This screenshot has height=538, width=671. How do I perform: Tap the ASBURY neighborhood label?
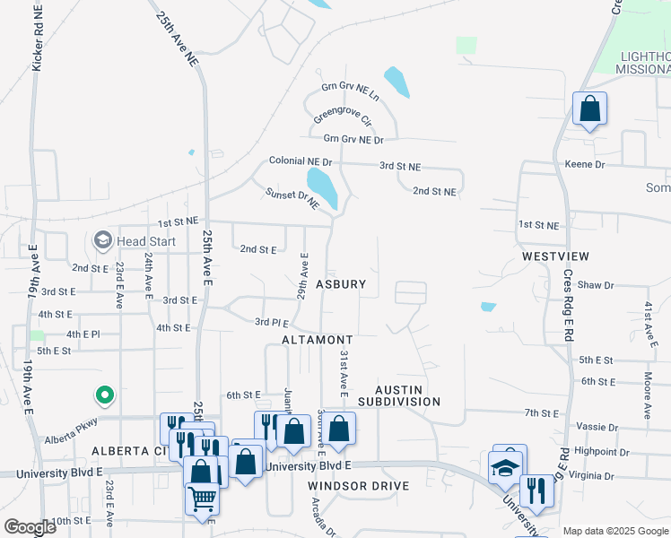click(x=341, y=284)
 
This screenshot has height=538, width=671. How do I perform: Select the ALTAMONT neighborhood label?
click(x=317, y=341)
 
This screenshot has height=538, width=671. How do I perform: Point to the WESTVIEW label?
click(x=556, y=256)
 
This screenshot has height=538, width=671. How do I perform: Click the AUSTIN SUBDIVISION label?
click(x=395, y=395)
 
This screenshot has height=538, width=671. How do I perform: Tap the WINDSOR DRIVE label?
click(x=359, y=486)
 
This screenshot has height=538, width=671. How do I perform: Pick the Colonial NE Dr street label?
click(x=301, y=161)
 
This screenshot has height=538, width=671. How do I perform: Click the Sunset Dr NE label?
click(x=292, y=199)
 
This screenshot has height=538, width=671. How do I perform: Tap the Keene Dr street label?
click(x=585, y=165)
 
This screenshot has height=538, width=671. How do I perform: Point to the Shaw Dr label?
click(x=596, y=285)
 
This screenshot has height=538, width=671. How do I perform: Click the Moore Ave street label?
click(x=647, y=396)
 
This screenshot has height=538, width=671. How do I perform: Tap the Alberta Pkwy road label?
click(x=69, y=440)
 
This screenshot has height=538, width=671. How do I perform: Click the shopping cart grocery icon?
click(x=202, y=498)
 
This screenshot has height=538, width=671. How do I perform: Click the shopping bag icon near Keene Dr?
click(x=589, y=108)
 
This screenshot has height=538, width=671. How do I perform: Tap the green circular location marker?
click(x=104, y=394)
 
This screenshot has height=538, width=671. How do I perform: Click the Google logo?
click(x=30, y=526)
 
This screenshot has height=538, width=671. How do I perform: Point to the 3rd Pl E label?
click(x=271, y=322)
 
